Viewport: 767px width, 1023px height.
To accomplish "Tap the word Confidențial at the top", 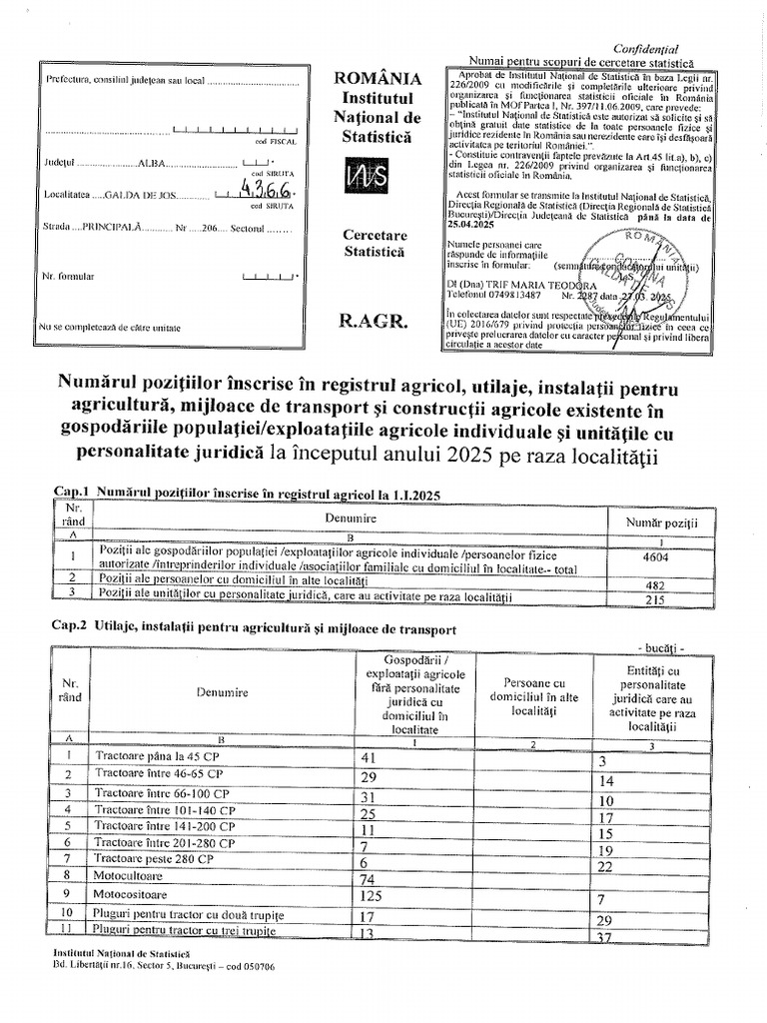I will coord(645,48).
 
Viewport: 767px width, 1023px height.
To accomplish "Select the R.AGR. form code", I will coord(374,321).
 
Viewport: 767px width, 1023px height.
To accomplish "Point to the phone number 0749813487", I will coord(508,296).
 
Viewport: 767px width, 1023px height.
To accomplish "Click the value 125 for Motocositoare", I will coord(373,896).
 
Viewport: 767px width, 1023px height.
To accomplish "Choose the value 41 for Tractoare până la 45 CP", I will coord(369,757).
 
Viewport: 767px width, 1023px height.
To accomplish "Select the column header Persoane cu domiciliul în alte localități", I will coord(533,690).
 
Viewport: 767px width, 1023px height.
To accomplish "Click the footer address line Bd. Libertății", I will coord(164,967).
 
